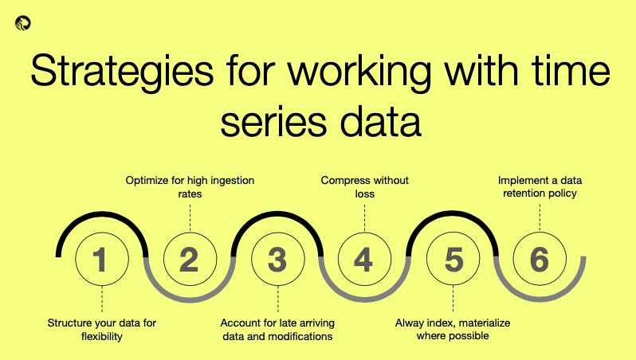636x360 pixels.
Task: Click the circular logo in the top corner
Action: point(22,23)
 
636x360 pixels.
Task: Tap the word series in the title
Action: point(273,123)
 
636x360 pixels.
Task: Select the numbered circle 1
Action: point(102,259)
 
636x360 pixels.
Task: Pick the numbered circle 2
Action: point(190,259)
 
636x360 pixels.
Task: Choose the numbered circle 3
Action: point(278,259)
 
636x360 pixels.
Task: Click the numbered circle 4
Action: point(365,259)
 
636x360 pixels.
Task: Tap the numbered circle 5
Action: point(453,259)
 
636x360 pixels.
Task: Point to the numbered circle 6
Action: point(540,259)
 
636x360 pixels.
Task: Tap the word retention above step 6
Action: point(520,194)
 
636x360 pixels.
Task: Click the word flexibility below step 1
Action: point(102,336)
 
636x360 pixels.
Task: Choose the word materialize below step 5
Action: point(485,323)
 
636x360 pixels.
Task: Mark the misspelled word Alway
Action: point(411,323)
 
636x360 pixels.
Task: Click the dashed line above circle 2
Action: point(190,217)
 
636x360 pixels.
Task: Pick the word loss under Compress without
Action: point(365,194)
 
